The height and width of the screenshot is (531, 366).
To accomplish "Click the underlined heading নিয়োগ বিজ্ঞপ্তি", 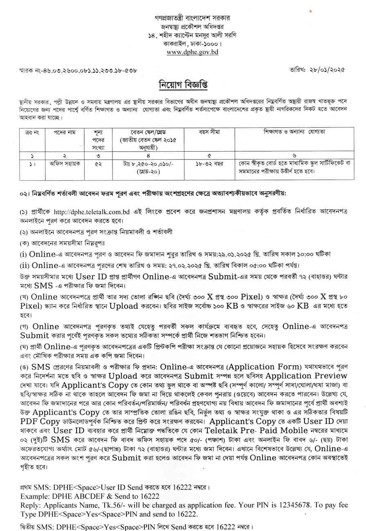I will (183, 85).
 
